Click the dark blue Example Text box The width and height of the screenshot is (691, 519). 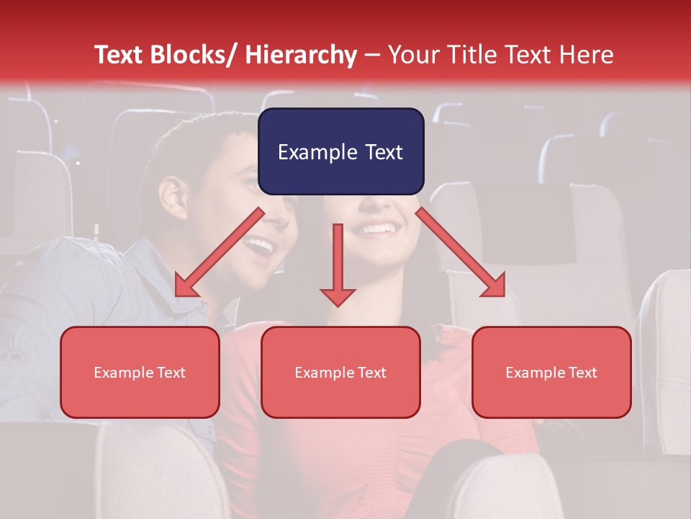coord(340,151)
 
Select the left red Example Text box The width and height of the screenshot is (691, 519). coord(140,372)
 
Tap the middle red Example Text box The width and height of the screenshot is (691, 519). coord(340,372)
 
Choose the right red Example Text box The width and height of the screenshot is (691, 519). coord(551,372)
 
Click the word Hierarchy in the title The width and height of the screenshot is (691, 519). coord(301,55)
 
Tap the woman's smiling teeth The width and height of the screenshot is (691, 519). coord(379,230)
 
